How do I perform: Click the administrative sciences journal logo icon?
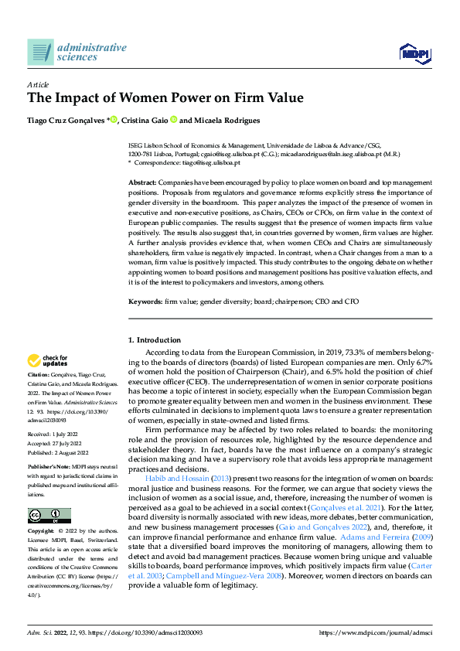point(40,53)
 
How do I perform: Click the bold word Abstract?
point(144,180)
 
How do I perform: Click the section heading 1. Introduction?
point(154,340)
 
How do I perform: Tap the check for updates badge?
point(49,360)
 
